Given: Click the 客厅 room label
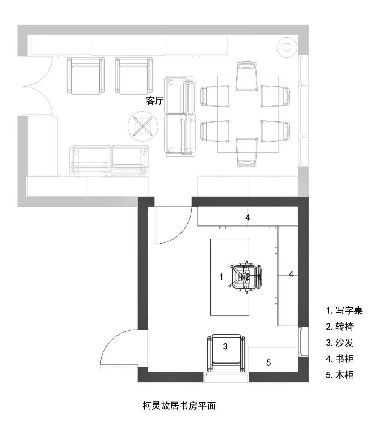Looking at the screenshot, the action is point(155,101).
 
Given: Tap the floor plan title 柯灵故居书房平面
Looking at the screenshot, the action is point(179,405).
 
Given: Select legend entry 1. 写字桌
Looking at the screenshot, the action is point(344,310).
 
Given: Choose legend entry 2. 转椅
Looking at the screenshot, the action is point(340,327).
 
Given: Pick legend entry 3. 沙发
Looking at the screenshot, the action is point(340,343).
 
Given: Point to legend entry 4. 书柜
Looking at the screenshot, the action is point(340,359).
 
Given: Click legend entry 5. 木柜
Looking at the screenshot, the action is point(340,375).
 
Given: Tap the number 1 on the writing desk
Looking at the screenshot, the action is point(221,277).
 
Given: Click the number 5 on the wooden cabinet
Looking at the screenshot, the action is point(268,362).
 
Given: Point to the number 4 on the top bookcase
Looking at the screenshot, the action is point(247,218).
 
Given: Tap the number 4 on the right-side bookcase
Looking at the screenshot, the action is point(291,274).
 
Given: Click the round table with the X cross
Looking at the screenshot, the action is point(143,126).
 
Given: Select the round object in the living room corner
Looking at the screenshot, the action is point(287,47).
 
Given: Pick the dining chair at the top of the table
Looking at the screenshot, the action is point(247,76).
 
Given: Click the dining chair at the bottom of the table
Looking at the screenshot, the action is point(247,152).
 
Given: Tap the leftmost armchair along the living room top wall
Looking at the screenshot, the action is point(86,76).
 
